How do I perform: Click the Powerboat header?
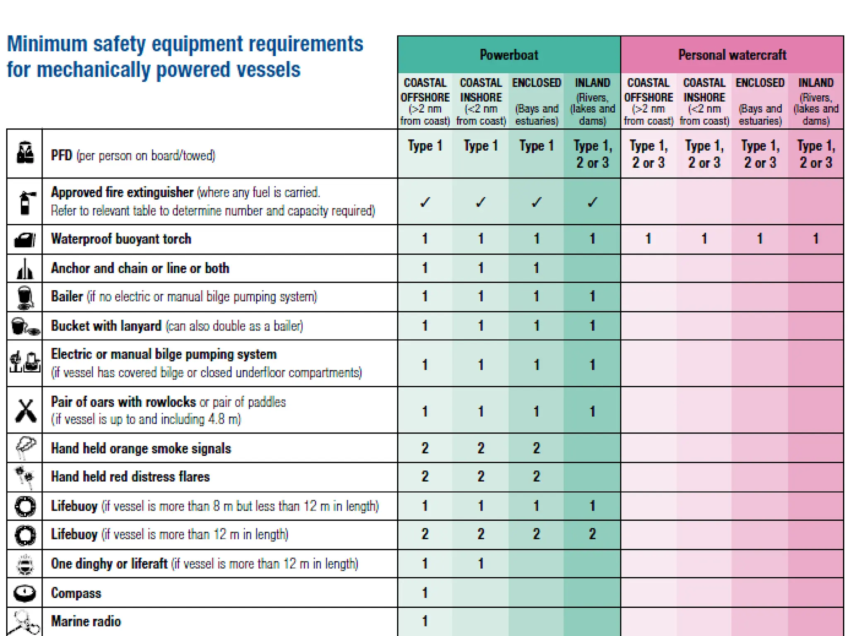click(509, 55)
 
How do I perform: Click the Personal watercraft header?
click(732, 55)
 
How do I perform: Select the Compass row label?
click(76, 593)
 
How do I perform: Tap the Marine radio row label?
click(86, 621)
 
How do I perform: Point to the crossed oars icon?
click(25, 410)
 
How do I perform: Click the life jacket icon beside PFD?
click(25, 153)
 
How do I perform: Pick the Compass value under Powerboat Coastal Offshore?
click(425, 593)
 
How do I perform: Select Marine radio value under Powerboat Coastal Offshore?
click(425, 621)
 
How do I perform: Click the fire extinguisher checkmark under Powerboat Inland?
click(593, 202)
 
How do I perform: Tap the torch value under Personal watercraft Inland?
click(815, 238)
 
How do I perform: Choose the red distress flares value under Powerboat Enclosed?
click(536, 477)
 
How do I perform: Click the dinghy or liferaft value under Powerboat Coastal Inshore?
click(481, 564)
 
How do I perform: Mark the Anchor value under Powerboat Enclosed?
click(536, 268)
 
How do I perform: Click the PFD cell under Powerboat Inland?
click(593, 154)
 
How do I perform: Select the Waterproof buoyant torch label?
click(121, 239)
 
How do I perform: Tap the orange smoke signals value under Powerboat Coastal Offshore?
click(425, 448)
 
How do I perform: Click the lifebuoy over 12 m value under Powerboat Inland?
click(593, 534)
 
